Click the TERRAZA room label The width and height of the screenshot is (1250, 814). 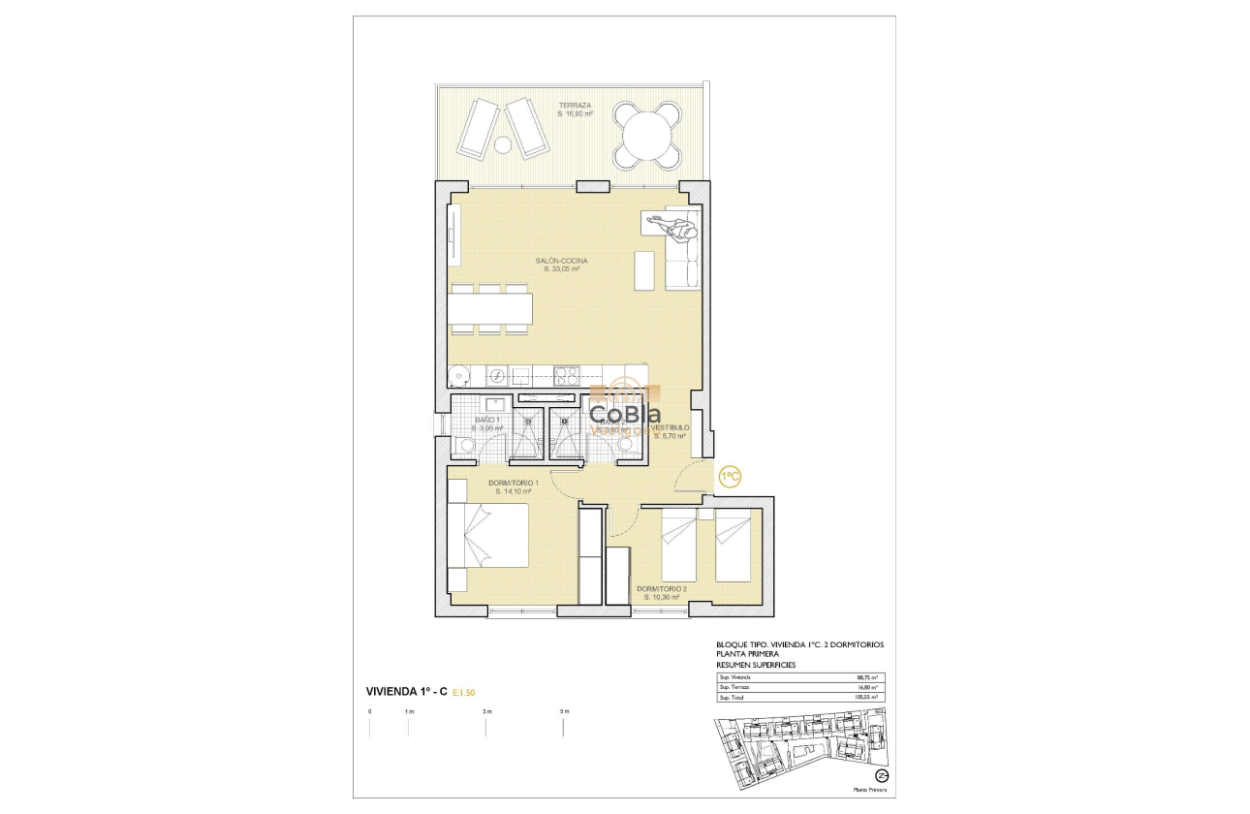pyautogui.click(x=575, y=105)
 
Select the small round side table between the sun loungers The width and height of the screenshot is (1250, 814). pyautogui.click(x=503, y=145)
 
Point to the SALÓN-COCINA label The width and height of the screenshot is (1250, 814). pyautogui.click(x=562, y=261)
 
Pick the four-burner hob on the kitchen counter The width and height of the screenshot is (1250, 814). pyautogui.click(x=566, y=376)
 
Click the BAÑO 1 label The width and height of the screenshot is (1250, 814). pyautogui.click(x=487, y=420)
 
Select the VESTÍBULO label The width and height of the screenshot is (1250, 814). pyautogui.click(x=670, y=427)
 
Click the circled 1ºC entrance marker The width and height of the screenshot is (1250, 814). pyautogui.click(x=729, y=476)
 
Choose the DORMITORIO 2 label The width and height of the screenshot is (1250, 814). pyautogui.click(x=662, y=588)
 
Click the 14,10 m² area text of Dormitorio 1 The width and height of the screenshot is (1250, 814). pyautogui.click(x=514, y=491)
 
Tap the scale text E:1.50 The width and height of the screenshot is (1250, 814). pyautogui.click(x=463, y=692)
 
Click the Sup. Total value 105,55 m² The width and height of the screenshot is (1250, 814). pyautogui.click(x=866, y=697)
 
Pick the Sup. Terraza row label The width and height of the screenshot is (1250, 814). pyautogui.click(x=734, y=687)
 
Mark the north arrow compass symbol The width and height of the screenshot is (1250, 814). pyautogui.click(x=882, y=775)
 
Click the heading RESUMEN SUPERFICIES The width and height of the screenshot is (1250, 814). pyautogui.click(x=755, y=665)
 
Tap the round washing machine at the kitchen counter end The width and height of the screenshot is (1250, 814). pyautogui.click(x=461, y=376)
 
